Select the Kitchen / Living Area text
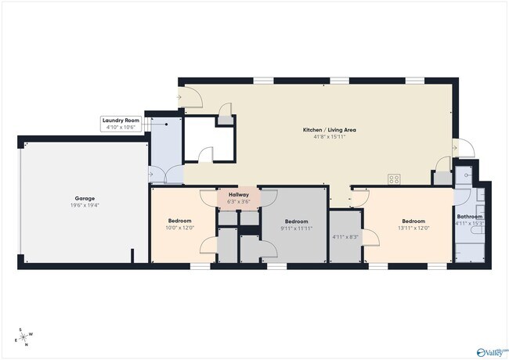(x=324, y=130)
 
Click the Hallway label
(x=238, y=195)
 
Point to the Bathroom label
(x=470, y=217)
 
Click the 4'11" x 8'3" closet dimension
(x=345, y=237)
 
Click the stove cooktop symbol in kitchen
(x=394, y=178)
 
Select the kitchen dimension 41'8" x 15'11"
(x=324, y=137)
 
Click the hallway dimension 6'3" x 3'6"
(x=238, y=202)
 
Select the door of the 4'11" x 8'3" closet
(x=370, y=236)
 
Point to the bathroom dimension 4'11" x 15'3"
(x=470, y=224)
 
